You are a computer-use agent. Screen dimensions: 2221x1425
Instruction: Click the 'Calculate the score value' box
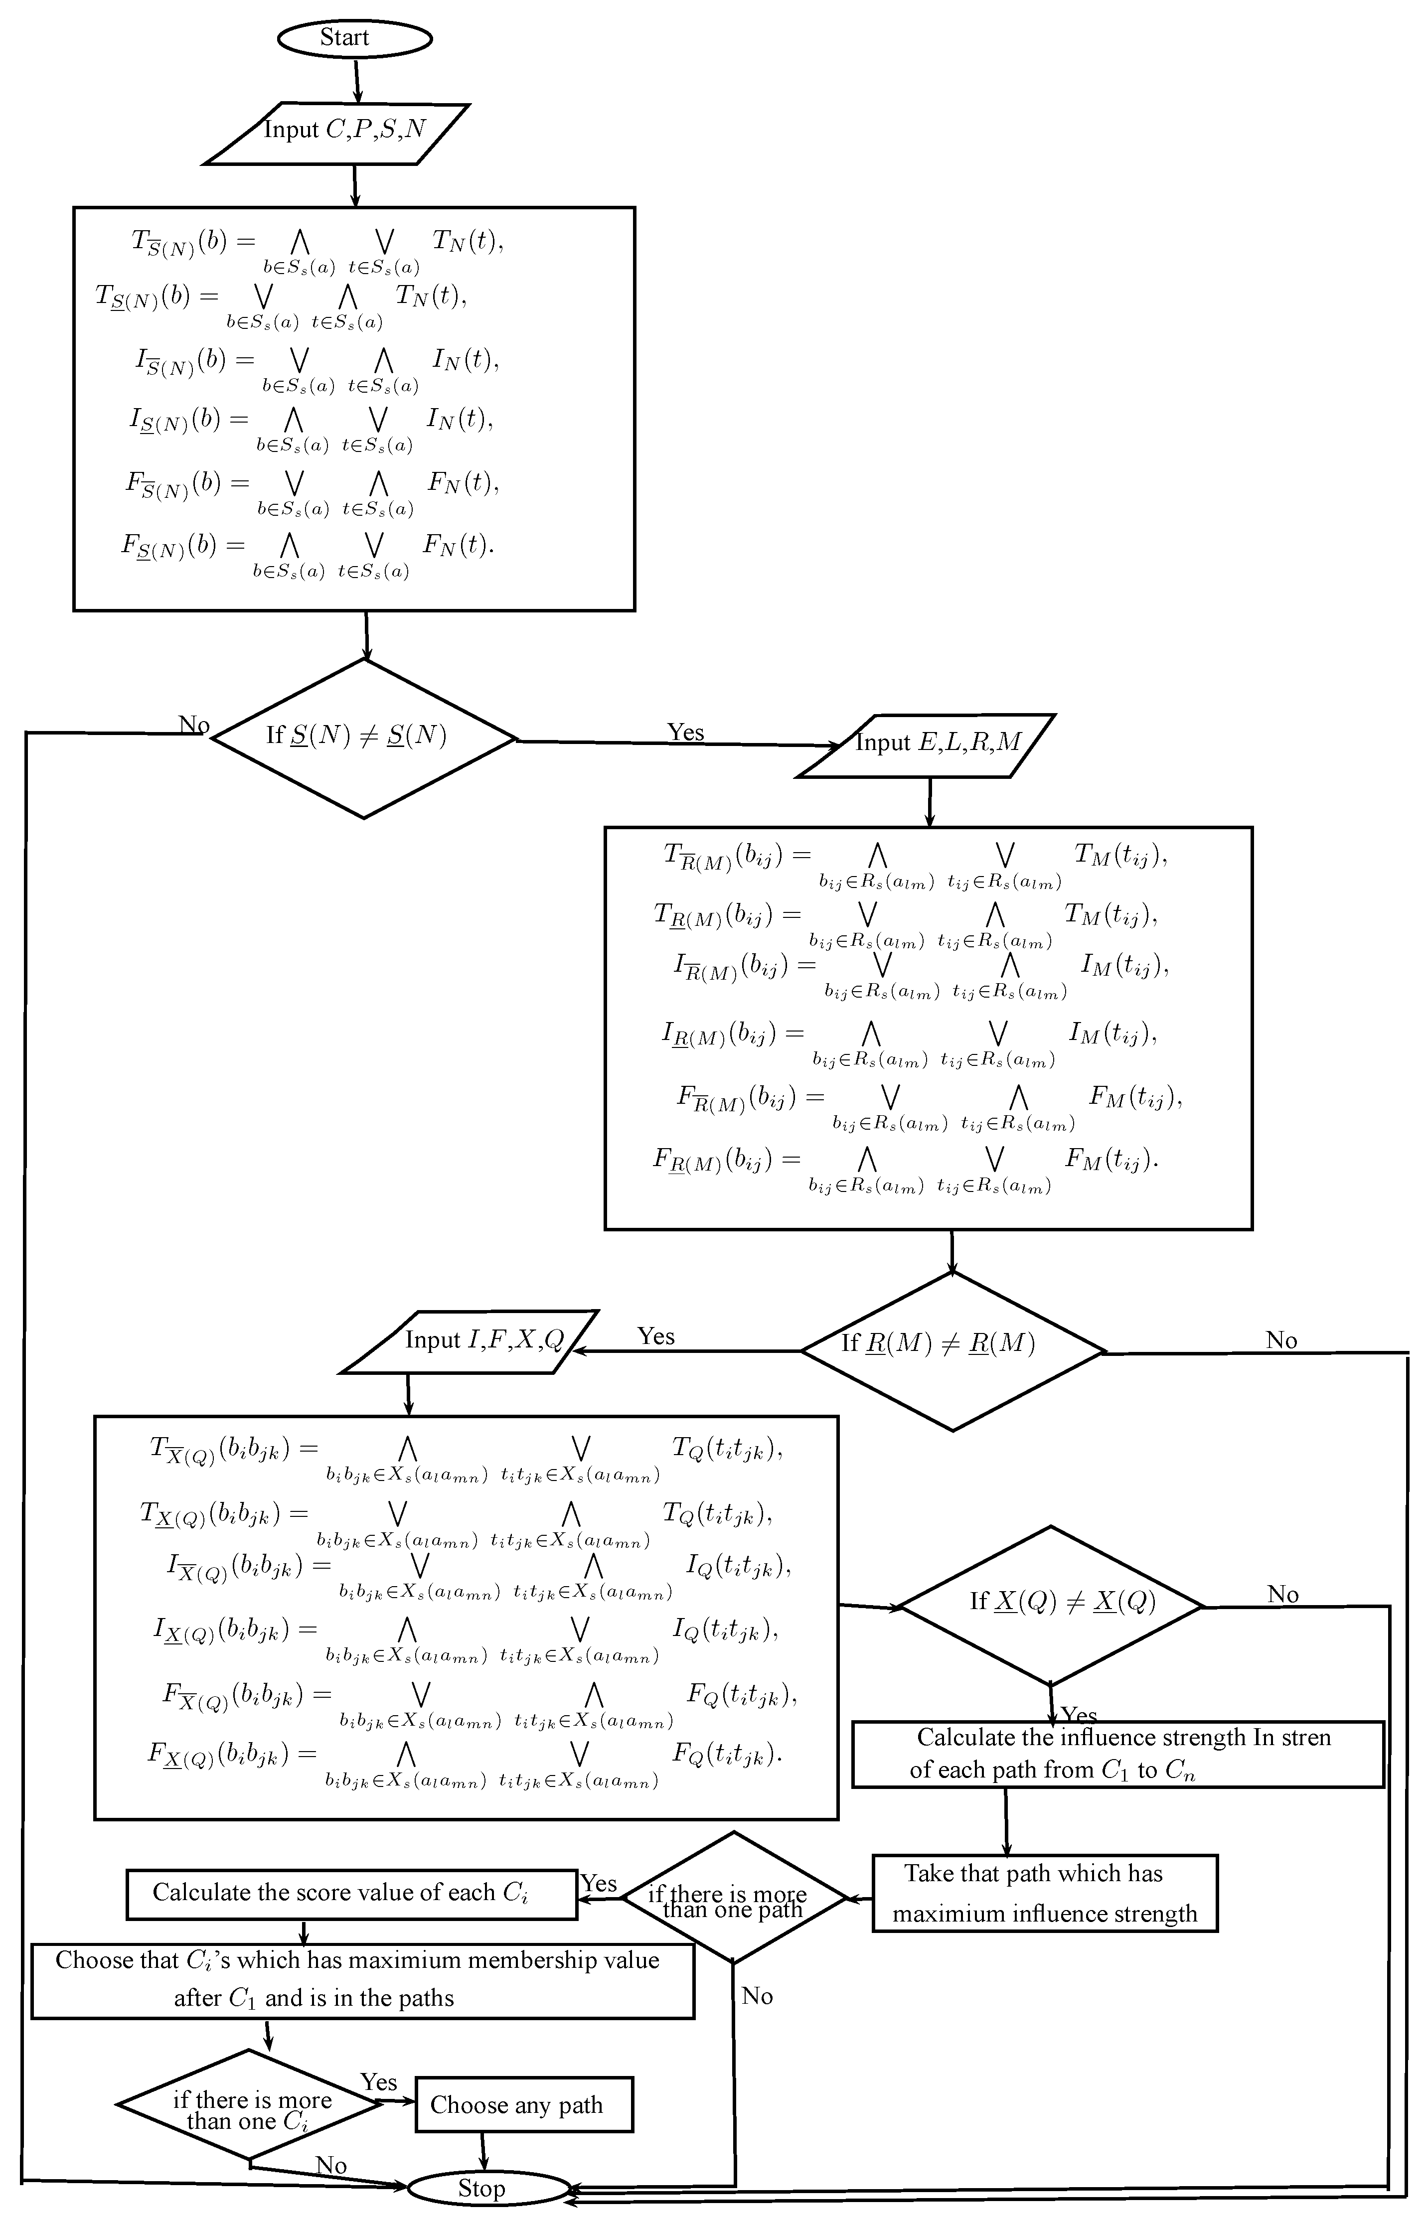coord(351,1896)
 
